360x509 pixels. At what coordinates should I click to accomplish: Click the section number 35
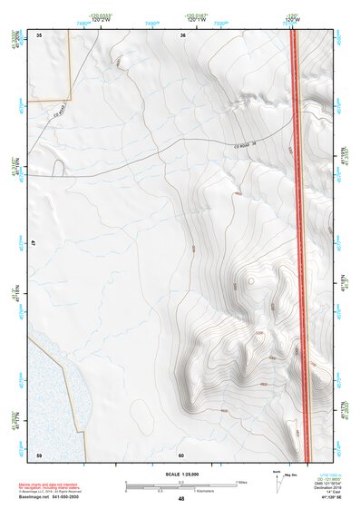39,34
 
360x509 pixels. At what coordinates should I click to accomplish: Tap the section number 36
182,34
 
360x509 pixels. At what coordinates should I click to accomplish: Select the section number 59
39,454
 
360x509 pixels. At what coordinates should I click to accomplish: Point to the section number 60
181,454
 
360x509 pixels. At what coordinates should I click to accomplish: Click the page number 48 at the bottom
181,499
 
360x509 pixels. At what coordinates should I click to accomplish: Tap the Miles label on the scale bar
241,481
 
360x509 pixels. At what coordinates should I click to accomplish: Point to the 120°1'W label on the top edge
198,18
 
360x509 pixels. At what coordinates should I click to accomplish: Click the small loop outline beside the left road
58,168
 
